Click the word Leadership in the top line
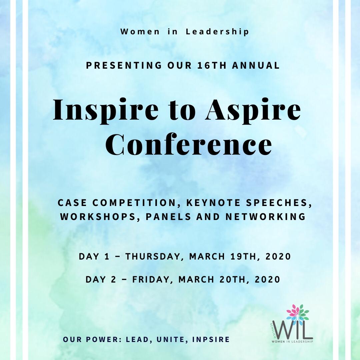point(217,32)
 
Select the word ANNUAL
point(256,66)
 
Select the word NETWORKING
point(265,217)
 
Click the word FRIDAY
point(152,279)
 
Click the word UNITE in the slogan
point(174,340)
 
